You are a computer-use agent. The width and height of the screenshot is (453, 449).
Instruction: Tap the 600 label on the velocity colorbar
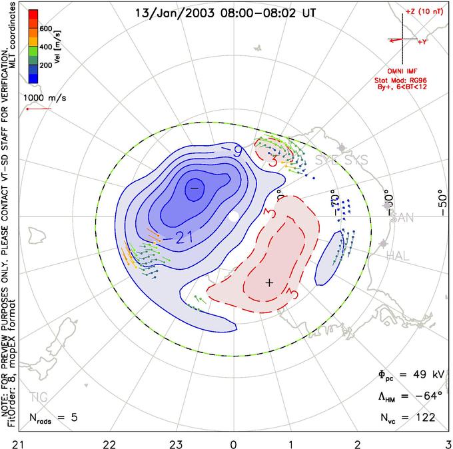click(x=46, y=29)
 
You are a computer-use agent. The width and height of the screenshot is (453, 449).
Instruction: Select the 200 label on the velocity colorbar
click(x=46, y=66)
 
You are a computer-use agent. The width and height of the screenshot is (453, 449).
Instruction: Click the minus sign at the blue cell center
click(x=195, y=189)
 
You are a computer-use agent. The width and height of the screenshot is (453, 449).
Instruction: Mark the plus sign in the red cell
click(x=269, y=282)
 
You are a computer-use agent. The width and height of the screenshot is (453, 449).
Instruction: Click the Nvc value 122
click(x=423, y=418)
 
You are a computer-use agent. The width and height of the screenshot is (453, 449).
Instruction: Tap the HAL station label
click(x=400, y=254)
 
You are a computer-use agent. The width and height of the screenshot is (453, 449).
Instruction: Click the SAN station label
click(x=402, y=218)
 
